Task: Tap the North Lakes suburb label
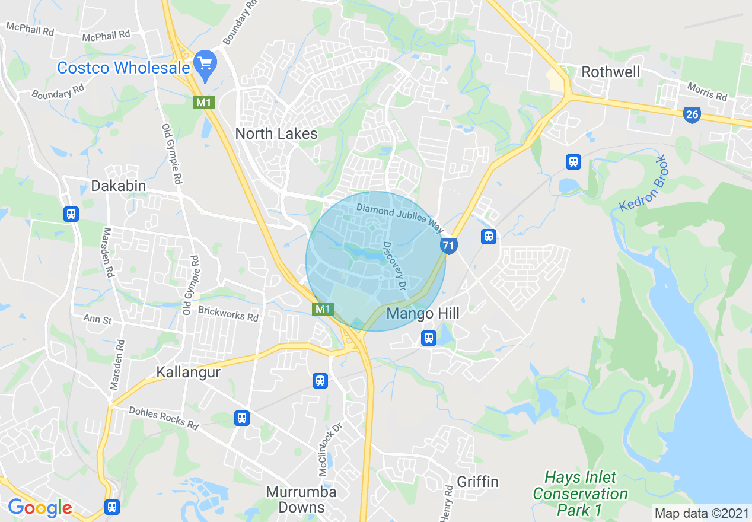coord(276,133)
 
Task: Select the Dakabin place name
coord(118,186)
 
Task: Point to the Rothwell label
coord(610,72)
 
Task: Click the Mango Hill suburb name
coord(423,313)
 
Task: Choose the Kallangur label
coord(188,372)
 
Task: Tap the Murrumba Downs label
coord(301,499)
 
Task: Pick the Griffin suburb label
coord(477,481)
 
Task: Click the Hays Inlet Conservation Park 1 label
coord(580,494)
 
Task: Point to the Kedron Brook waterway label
coord(643,183)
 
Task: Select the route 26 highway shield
coord(692,114)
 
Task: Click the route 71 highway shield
coord(448,245)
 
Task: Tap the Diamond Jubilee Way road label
coord(400,217)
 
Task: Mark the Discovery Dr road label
coord(394,265)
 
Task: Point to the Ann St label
coord(97,320)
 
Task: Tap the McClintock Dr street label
coord(331,448)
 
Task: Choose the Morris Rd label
coord(707,91)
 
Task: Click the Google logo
coord(40,508)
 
